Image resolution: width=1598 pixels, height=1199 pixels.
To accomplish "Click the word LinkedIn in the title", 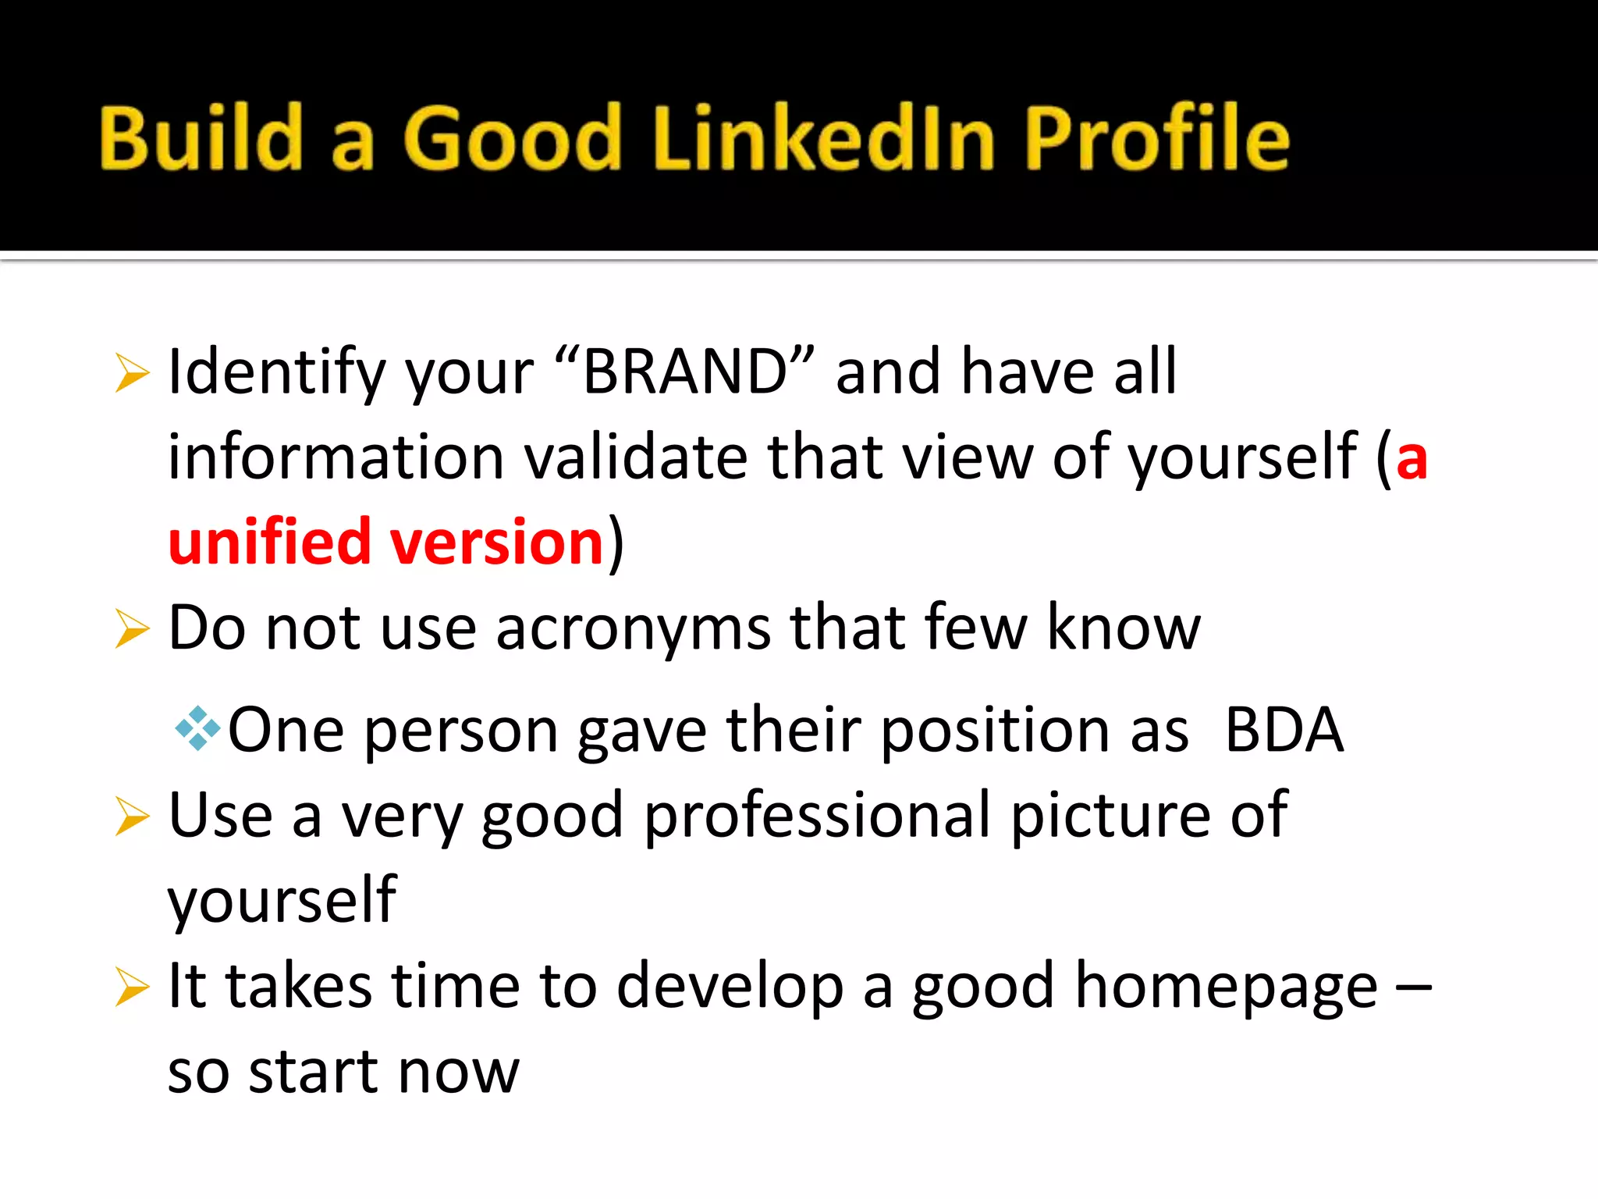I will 824,139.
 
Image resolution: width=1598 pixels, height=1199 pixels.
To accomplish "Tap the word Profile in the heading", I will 1156,139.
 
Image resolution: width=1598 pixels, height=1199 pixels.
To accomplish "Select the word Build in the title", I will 201,139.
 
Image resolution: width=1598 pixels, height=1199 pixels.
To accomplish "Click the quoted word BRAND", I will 684,372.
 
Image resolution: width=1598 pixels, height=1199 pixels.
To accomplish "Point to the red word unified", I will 269,542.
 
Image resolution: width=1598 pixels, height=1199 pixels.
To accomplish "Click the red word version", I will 497,542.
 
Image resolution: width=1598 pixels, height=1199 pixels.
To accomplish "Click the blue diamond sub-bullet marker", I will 197,728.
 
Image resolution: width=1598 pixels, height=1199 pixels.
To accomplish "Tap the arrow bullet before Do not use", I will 131,628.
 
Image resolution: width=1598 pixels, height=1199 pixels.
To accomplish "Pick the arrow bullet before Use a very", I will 131,816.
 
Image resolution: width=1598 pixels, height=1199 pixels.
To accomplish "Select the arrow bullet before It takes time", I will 131,987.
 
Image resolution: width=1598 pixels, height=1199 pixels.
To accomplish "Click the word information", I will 336,457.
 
